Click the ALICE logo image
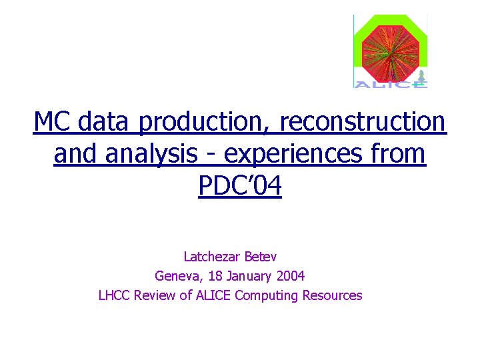click(x=390, y=51)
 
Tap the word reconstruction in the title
click(x=363, y=122)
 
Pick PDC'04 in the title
click(x=240, y=186)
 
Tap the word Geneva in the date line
click(x=175, y=275)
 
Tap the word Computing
click(x=267, y=295)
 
